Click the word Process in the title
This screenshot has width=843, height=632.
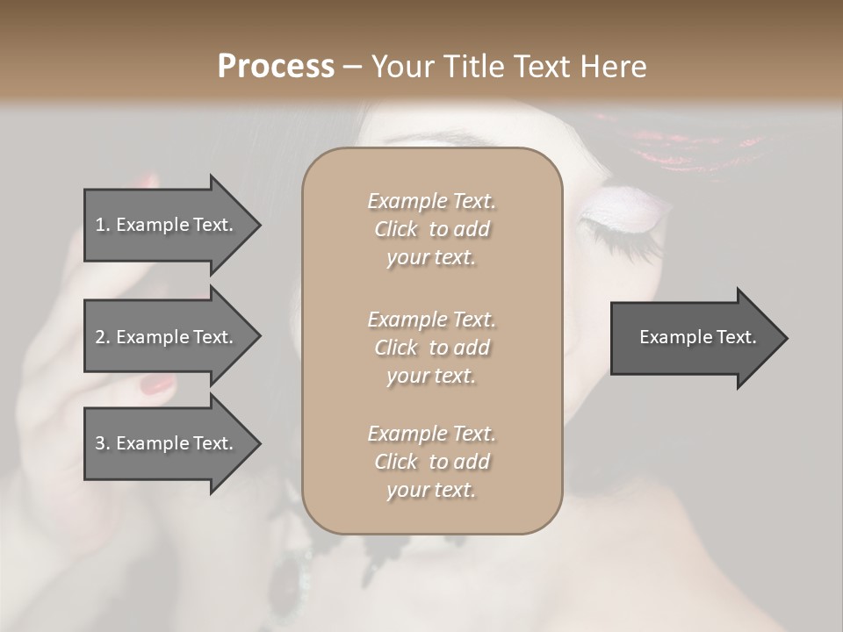coord(276,67)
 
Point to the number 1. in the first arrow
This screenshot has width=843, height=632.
coord(103,225)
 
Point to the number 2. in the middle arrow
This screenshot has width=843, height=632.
coord(103,337)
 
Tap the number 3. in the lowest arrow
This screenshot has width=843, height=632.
coord(103,443)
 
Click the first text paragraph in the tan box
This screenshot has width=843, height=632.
coord(431,229)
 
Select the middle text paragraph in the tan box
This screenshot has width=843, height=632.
coord(431,347)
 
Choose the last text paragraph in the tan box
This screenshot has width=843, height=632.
coord(431,462)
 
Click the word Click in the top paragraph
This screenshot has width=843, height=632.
coord(396,229)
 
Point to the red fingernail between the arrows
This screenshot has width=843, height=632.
coord(158,384)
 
